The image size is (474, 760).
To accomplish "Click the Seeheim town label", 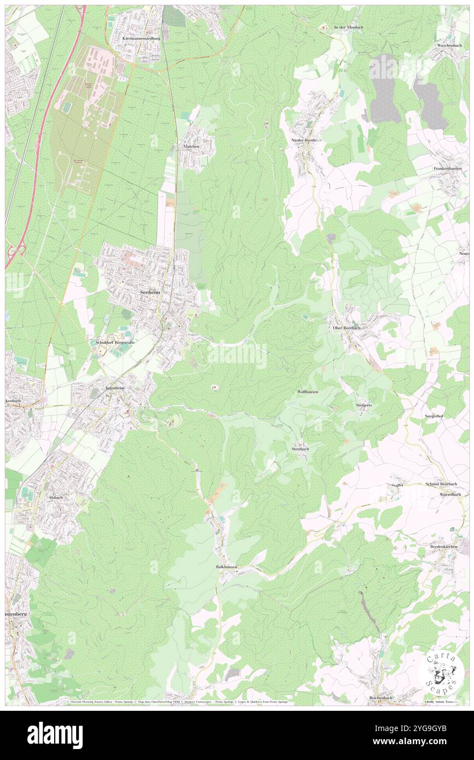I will coord(151,293).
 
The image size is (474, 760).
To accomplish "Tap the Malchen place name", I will coord(191,147).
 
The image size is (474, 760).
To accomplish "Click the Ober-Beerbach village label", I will coord(346,328).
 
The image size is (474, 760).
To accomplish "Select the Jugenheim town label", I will coord(115,388).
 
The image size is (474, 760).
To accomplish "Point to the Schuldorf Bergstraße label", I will coord(115,341).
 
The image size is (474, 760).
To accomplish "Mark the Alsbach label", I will coord(56,498).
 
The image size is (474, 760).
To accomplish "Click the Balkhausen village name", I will coord(226,567).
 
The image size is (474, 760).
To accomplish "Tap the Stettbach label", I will coord(300,449).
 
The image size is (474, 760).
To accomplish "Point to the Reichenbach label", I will coord(381,698).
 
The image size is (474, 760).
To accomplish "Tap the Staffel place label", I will coord(397,485).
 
